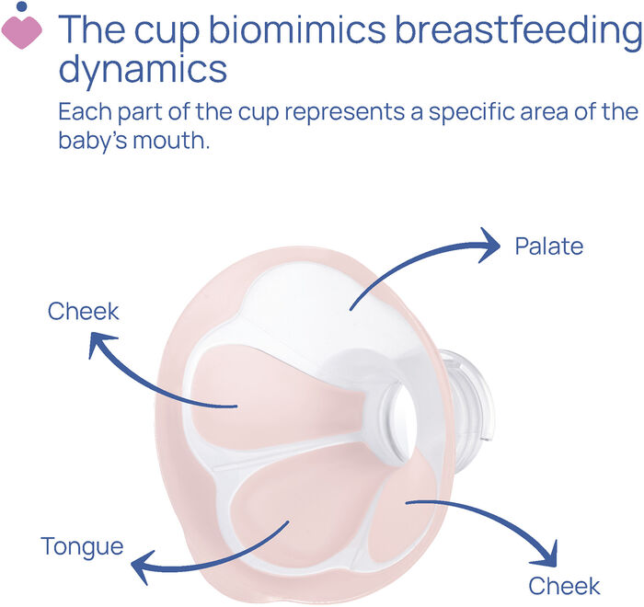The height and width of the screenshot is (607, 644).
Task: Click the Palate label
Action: click(549, 246)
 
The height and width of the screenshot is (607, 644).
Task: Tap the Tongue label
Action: click(82, 546)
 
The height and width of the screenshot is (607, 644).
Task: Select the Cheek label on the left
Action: click(84, 311)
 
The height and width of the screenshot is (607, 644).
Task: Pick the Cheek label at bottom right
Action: click(564, 586)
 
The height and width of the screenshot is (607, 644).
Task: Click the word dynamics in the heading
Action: click(143, 69)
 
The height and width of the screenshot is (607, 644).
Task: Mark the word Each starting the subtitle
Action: click(82, 113)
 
